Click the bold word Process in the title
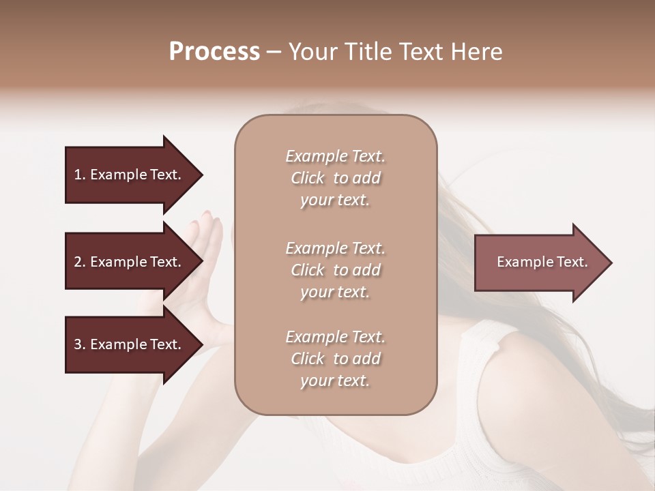click(x=214, y=52)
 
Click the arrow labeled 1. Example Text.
click(x=130, y=175)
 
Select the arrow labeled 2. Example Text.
click(x=130, y=262)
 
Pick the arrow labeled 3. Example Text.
click(x=130, y=344)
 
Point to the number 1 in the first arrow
click(x=78, y=175)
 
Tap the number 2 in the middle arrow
click(x=78, y=262)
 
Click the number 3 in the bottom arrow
click(x=78, y=344)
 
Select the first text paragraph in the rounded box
click(x=335, y=178)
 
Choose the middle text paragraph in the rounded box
click(x=335, y=270)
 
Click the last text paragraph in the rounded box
click(x=335, y=359)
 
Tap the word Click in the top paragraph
click(x=308, y=178)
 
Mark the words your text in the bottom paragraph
click(x=335, y=381)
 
